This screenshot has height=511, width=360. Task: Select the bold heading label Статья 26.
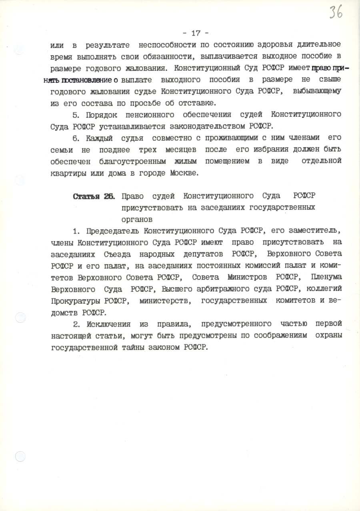pos(94,196)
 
